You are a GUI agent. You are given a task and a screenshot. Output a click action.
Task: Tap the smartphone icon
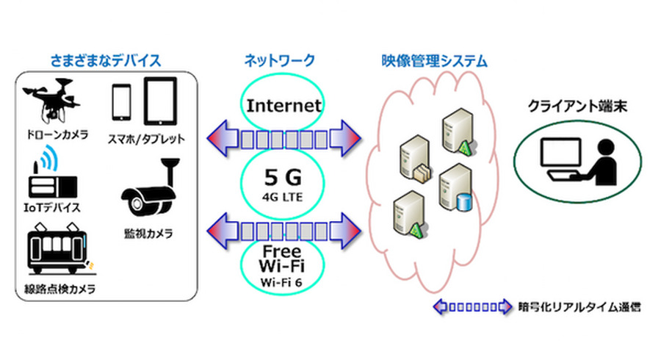click(x=122, y=103)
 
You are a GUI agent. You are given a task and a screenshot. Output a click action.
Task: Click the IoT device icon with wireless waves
click(x=50, y=175)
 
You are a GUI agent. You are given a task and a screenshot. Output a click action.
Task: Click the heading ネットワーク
click(x=284, y=60)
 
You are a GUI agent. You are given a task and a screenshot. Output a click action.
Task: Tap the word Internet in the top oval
click(x=284, y=105)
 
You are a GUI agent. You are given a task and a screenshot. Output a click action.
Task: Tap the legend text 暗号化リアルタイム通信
click(x=579, y=307)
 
